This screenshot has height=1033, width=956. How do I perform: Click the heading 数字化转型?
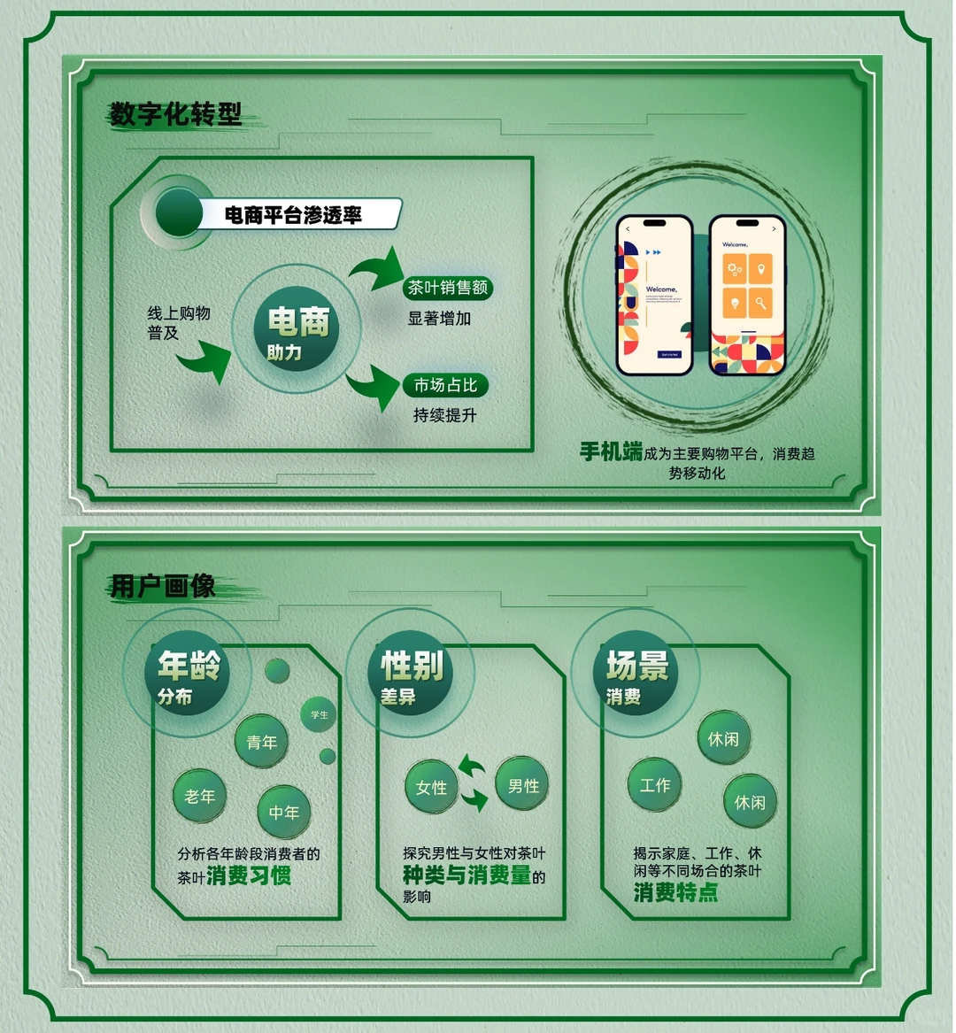click(x=175, y=114)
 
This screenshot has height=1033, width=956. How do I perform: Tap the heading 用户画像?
click(x=163, y=586)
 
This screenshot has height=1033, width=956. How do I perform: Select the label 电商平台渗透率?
click(x=293, y=215)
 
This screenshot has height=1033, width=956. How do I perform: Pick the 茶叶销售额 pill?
click(x=447, y=288)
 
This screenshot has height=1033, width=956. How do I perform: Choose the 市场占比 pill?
click(x=445, y=385)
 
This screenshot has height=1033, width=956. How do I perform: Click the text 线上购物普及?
click(x=178, y=323)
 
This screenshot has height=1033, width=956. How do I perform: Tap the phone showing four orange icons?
click(x=747, y=296)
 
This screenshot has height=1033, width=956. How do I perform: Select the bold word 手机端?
click(x=611, y=452)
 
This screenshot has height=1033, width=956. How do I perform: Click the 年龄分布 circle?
click(x=187, y=675)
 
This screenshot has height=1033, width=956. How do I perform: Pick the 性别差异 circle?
click(x=410, y=675)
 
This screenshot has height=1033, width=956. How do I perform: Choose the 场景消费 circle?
click(x=635, y=675)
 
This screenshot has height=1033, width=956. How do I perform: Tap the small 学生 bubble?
click(x=319, y=714)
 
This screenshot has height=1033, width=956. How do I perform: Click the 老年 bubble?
click(x=199, y=797)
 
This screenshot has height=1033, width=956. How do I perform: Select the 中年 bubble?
click(x=284, y=812)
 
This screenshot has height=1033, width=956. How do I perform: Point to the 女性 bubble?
click(x=431, y=787)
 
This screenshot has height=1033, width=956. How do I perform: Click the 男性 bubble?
click(x=523, y=785)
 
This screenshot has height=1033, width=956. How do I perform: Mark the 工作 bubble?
click(x=655, y=785)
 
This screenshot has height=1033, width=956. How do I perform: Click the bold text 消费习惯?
click(x=249, y=876)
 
